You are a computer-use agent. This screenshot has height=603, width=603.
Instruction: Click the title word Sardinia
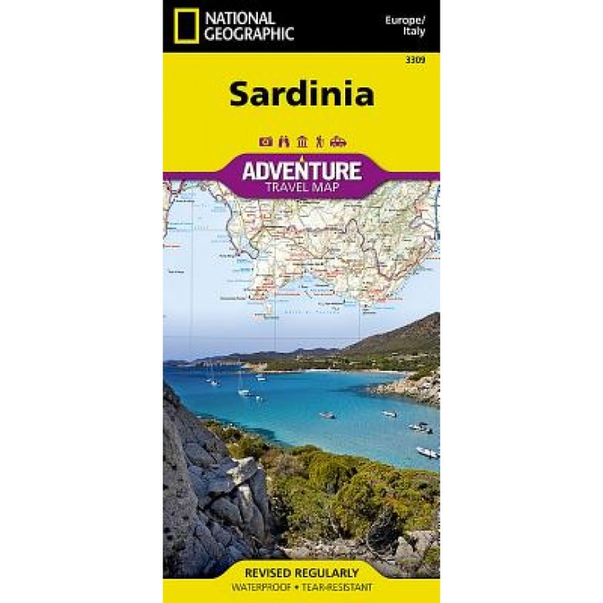point(301,94)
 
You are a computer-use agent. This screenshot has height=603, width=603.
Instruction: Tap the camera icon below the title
point(265,141)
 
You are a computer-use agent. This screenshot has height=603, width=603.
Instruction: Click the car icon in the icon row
point(338,141)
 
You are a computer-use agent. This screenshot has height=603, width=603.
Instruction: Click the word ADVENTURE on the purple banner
point(301,171)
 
